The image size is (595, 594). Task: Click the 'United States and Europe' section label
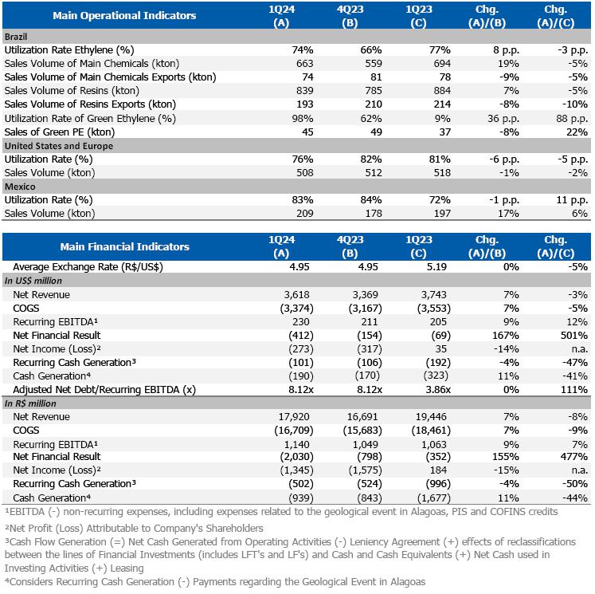point(59,146)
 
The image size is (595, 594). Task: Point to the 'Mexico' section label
point(21,186)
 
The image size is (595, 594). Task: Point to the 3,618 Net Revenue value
point(303,295)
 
